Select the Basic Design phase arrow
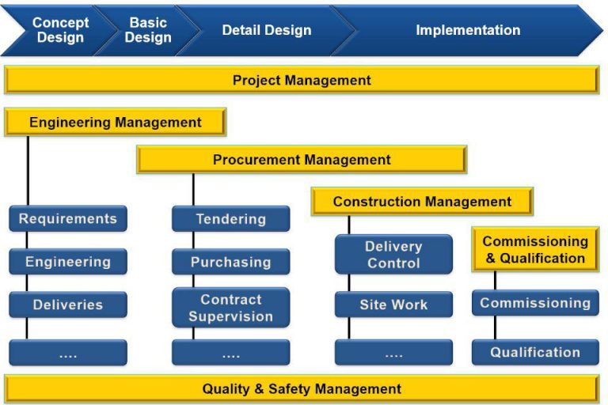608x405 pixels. (146, 31)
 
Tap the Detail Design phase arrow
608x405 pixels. (266, 31)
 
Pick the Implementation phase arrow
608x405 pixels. (468, 31)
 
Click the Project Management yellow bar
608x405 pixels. (302, 80)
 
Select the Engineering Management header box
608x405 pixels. (116, 123)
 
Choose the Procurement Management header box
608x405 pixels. (302, 160)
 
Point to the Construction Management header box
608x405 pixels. (422, 202)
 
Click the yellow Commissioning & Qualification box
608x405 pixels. (535, 250)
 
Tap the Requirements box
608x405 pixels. (68, 219)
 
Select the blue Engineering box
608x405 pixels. (68, 262)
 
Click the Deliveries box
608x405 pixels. (68, 305)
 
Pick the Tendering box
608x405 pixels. (231, 219)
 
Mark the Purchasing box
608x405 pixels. (231, 262)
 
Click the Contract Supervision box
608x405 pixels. (231, 308)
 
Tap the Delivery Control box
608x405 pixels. (393, 255)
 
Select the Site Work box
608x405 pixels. (393, 305)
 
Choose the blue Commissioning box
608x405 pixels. (535, 303)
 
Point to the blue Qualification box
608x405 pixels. (535, 352)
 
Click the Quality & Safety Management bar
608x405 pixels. (302, 388)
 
